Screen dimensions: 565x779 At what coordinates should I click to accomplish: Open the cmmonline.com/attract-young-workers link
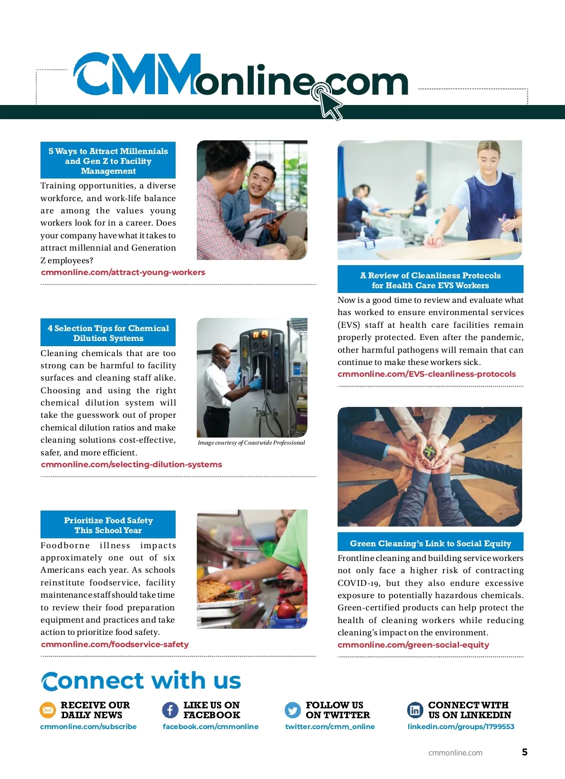[123, 272]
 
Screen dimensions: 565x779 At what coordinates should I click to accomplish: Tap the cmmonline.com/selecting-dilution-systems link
[131, 464]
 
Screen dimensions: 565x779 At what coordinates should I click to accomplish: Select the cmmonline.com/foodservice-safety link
[115, 644]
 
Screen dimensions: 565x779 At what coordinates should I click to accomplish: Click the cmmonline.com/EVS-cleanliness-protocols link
[427, 374]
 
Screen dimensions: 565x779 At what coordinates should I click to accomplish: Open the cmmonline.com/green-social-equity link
[413, 645]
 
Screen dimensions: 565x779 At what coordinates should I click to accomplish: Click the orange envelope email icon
[48, 710]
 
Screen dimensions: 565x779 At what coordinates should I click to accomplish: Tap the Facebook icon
[170, 710]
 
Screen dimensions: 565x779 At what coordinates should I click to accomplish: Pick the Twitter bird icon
[293, 710]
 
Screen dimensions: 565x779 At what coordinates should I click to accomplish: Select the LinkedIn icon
[415, 710]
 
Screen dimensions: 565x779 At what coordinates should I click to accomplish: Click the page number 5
[525, 752]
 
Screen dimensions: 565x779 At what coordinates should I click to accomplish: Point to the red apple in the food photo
[286, 611]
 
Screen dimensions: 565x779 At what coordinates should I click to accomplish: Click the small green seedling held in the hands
[429, 451]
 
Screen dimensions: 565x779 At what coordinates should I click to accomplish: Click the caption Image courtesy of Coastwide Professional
[251, 443]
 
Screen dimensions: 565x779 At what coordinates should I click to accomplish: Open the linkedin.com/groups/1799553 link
[460, 727]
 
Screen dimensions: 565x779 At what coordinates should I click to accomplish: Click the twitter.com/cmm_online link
[330, 727]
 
